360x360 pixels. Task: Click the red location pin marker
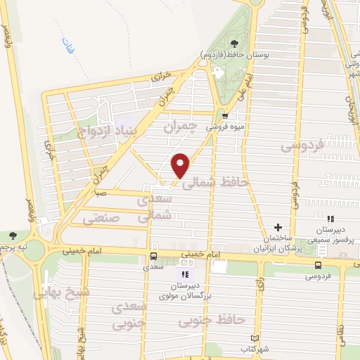tap(181, 165)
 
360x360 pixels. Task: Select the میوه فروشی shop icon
tap(225, 117)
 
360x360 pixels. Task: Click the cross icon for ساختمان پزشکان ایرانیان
tap(278, 227)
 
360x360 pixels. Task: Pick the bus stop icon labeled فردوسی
tap(319, 264)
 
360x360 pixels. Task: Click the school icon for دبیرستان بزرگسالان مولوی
tap(186, 275)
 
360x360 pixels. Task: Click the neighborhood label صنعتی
tap(102, 219)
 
